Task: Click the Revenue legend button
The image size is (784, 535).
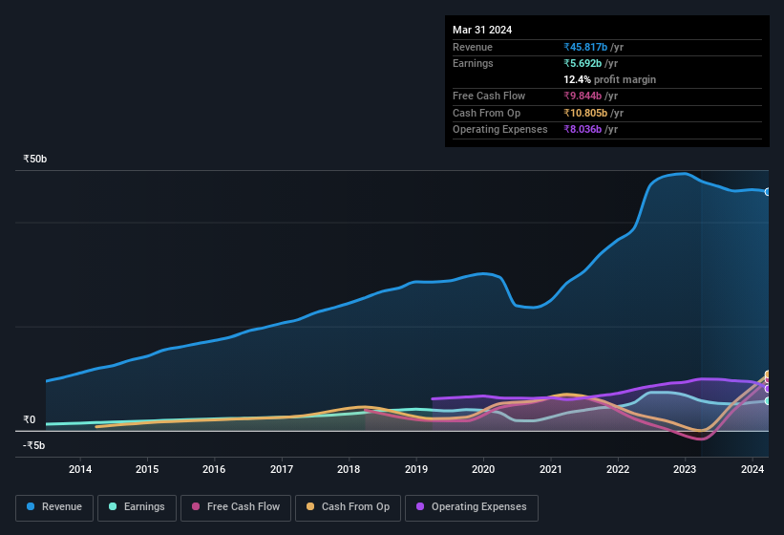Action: [54, 506]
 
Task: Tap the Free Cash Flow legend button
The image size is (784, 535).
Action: [235, 506]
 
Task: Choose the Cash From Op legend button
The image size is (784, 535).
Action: [348, 506]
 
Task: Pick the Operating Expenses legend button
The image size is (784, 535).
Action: [471, 506]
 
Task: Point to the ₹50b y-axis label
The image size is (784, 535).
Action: [35, 159]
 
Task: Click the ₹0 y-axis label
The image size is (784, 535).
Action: [30, 419]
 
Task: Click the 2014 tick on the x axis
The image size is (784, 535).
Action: [80, 469]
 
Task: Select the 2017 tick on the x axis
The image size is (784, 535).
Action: [282, 469]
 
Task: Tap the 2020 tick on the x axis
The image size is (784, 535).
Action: [483, 469]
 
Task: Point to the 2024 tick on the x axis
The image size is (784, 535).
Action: [752, 469]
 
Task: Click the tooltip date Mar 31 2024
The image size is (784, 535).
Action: [482, 30]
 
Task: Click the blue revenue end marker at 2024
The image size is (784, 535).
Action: [767, 192]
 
